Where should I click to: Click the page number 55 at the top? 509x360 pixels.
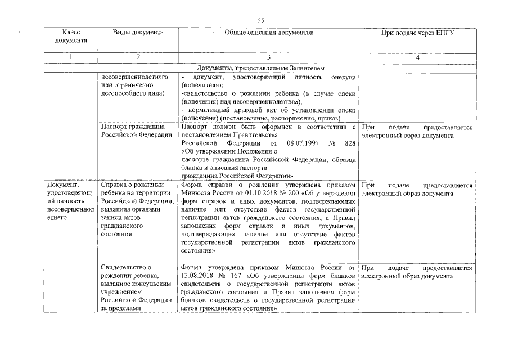[261, 20]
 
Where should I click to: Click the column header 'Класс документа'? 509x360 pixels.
[71, 37]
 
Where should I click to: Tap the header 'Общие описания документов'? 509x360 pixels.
[268, 33]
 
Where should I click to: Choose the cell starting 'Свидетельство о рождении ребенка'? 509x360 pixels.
[136, 287]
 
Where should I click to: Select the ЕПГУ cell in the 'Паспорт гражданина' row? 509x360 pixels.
[417, 131]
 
